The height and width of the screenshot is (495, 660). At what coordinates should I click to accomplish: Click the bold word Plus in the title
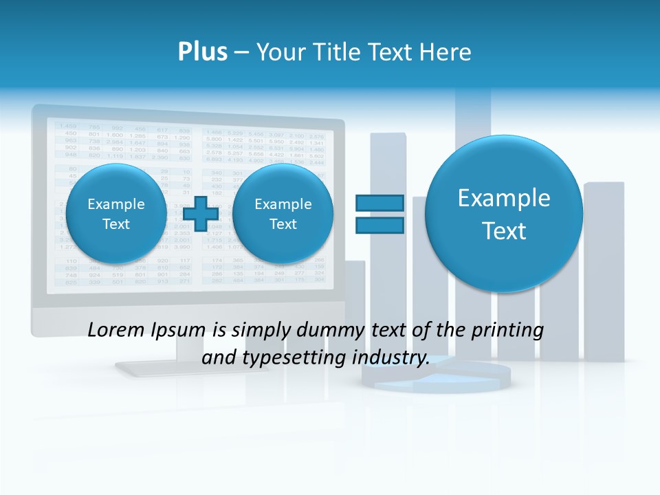(203, 52)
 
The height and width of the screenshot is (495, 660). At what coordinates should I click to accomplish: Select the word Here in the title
(444, 52)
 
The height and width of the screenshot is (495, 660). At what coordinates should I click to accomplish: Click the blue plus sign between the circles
(200, 214)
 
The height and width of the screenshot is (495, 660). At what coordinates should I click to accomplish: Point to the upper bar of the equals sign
(379, 203)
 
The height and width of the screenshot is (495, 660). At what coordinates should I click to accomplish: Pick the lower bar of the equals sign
(379, 225)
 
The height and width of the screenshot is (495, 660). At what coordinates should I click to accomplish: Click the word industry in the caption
(391, 358)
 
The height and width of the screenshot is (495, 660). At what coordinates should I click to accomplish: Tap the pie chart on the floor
(437, 377)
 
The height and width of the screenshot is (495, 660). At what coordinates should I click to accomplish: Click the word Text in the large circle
(504, 231)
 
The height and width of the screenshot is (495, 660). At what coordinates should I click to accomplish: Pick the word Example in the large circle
(504, 199)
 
